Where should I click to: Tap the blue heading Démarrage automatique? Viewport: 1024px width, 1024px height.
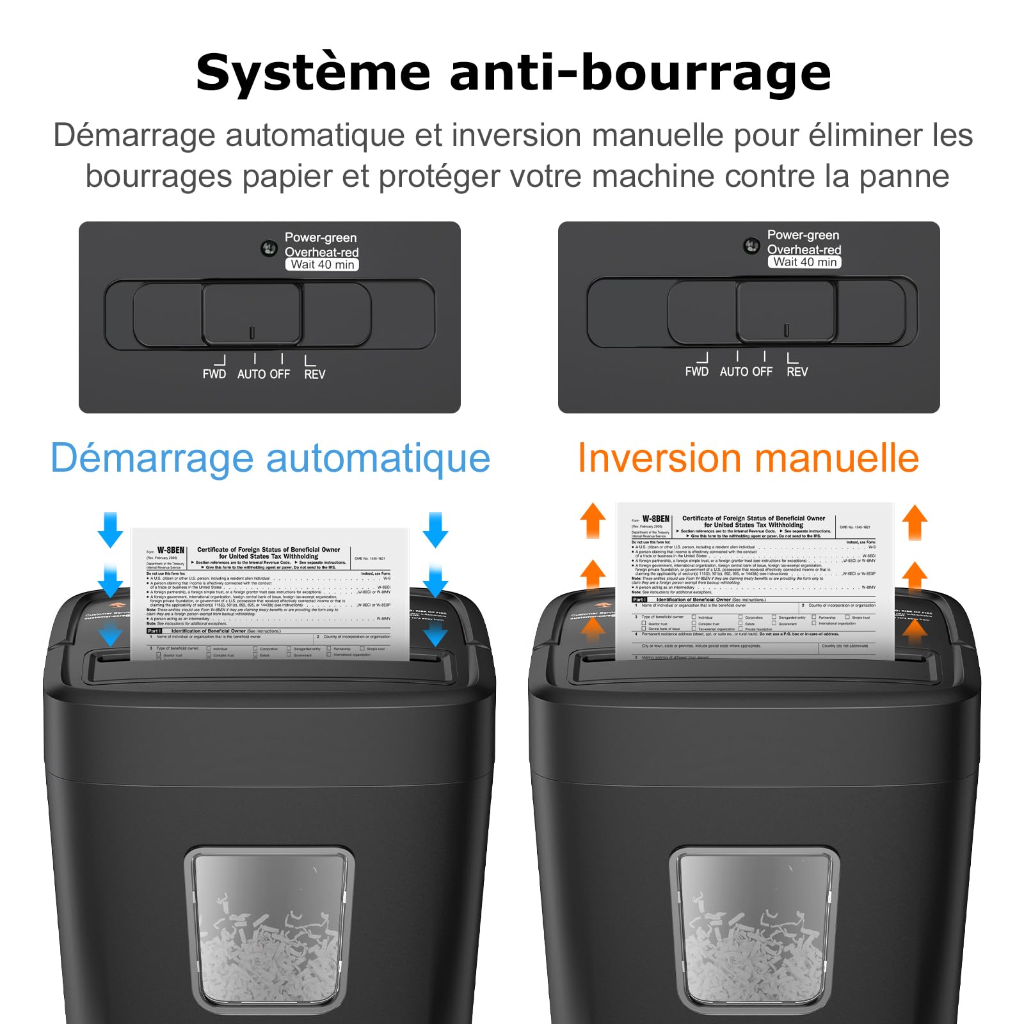pyautogui.click(x=270, y=458)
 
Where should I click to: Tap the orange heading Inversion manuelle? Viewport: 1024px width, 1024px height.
pyautogui.click(x=748, y=458)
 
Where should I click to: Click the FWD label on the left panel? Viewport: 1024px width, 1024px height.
pyautogui.click(x=214, y=374)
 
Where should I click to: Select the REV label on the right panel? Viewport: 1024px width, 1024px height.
pyautogui.click(x=797, y=372)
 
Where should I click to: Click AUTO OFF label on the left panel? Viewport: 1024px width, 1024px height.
pyautogui.click(x=263, y=374)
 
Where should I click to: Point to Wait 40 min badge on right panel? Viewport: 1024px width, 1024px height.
pyautogui.click(x=804, y=262)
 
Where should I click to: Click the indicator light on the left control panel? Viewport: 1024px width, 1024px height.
pyautogui.click(x=269, y=248)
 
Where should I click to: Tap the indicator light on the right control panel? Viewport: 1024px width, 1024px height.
pyautogui.click(x=751, y=246)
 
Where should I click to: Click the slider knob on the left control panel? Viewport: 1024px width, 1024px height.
pyautogui.click(x=252, y=314)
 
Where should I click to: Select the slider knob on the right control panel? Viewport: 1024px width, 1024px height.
pyautogui.click(x=786, y=312)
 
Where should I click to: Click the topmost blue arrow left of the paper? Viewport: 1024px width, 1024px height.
pyautogui.click(x=110, y=529)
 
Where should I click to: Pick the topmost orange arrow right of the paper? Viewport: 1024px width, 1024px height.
pyautogui.click(x=915, y=522)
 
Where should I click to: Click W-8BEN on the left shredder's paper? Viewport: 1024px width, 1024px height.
pyautogui.click(x=170, y=550)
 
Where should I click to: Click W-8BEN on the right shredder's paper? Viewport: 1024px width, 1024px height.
pyautogui.click(x=655, y=519)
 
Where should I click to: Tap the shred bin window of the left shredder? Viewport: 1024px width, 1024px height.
pyautogui.click(x=269, y=934)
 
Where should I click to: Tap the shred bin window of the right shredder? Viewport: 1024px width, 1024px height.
pyautogui.click(x=753, y=934)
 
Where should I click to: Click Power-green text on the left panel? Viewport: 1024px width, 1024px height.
pyautogui.click(x=320, y=237)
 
